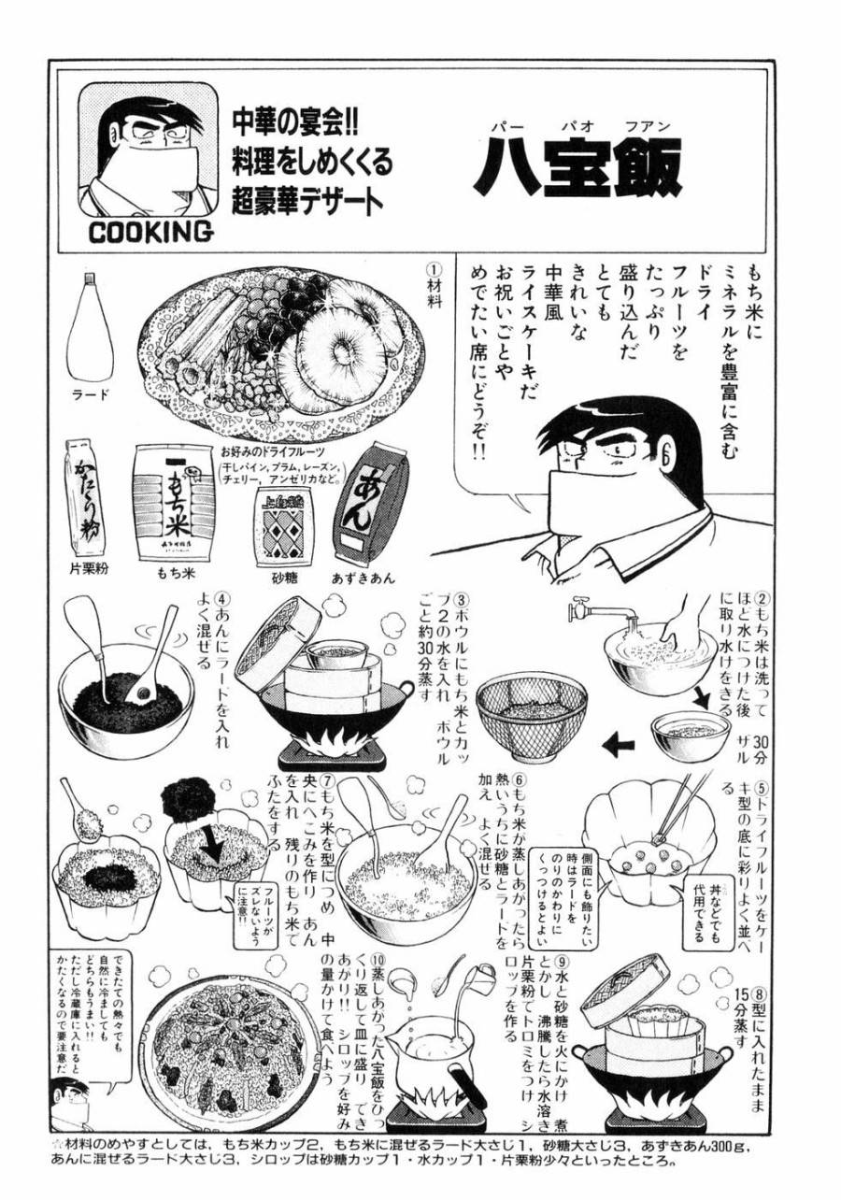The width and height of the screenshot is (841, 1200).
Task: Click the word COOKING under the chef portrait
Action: [150, 232]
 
